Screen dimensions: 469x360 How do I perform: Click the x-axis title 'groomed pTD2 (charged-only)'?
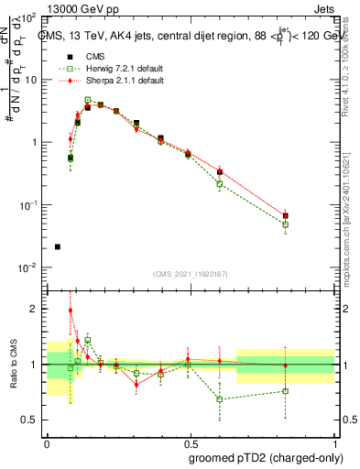pos(266,457)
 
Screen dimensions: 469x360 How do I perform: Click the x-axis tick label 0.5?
pos(191,442)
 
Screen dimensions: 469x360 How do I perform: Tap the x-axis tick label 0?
pos(48,442)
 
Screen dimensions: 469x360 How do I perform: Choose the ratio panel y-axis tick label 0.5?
pos(31,420)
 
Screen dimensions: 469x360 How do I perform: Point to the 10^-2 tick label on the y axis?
pos(27,267)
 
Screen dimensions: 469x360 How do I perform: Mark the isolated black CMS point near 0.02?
pos(58,246)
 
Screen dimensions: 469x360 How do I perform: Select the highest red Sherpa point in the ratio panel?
pos(71,311)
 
